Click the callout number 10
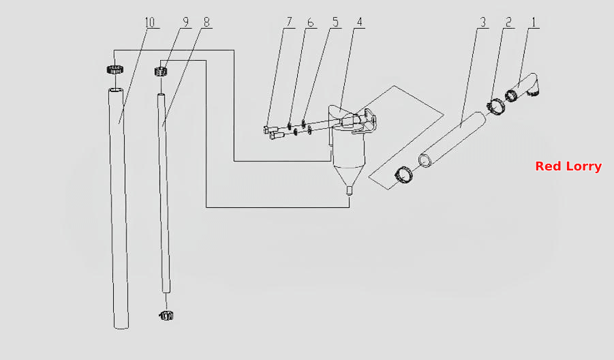[x=150, y=22]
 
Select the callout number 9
[x=186, y=22]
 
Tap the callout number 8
[x=206, y=22]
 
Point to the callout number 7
[x=290, y=22]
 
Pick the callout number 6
[x=311, y=22]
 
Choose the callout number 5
[x=335, y=22]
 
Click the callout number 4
[x=359, y=22]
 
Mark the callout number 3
[x=483, y=22]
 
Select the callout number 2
[x=508, y=22]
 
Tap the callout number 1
[x=534, y=22]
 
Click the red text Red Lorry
[x=568, y=166]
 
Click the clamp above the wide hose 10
[x=114, y=70]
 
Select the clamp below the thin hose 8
[x=166, y=315]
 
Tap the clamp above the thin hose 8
[x=161, y=72]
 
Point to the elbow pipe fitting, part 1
[x=527, y=86]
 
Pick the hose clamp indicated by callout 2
[x=495, y=107]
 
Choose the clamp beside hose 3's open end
[x=403, y=175]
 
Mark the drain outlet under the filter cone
[x=350, y=191]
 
